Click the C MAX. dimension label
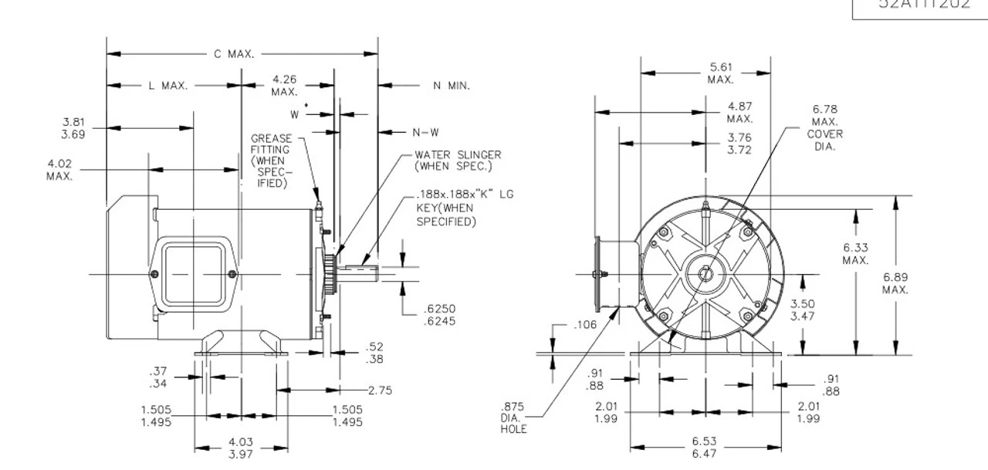(235, 55)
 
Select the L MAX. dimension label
(168, 85)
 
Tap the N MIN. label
(451, 85)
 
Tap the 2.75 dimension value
(380, 391)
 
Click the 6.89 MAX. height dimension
(895, 283)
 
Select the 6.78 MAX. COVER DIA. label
(824, 127)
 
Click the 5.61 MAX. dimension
(720, 73)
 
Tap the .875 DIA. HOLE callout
(514, 417)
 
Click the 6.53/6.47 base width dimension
(705, 447)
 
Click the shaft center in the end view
(705, 275)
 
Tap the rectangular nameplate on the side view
(193, 275)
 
